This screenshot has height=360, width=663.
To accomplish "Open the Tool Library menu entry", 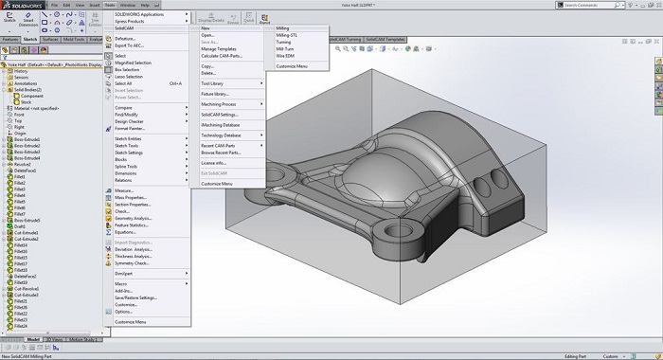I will coord(213,83).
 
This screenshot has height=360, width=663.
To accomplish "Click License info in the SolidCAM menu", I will coord(214,163).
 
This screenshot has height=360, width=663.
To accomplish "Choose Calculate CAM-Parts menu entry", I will coord(224,56).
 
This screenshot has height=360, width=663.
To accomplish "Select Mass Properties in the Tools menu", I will coord(133,197).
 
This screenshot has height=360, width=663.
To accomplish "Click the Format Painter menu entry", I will coord(132,127).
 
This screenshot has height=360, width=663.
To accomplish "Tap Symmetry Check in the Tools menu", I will coord(134,262).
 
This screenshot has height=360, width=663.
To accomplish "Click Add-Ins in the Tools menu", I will coord(125,290).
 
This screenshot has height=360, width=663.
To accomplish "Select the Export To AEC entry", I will coord(131,45).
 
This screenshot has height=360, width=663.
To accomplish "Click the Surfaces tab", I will coord(49,39).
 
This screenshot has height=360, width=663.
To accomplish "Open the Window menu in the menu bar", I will coord(127,6).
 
